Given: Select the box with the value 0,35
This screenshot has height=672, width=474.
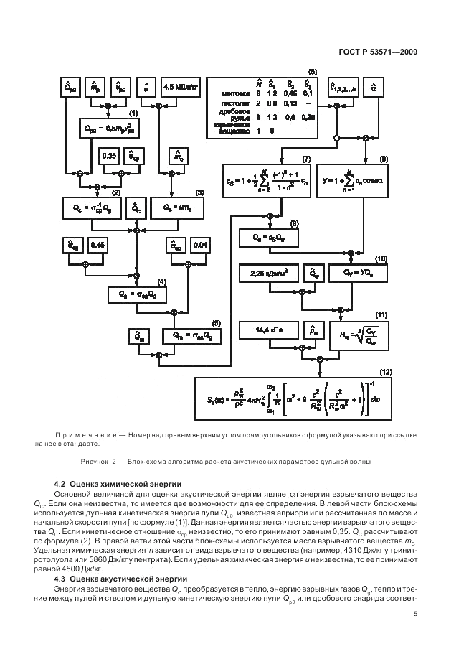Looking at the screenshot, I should (x=110, y=156).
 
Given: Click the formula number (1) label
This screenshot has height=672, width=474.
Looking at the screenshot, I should (x=133, y=113).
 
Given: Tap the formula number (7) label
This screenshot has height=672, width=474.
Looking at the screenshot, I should (x=307, y=158).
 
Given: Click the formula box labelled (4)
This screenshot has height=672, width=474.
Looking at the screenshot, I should (x=142, y=294).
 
